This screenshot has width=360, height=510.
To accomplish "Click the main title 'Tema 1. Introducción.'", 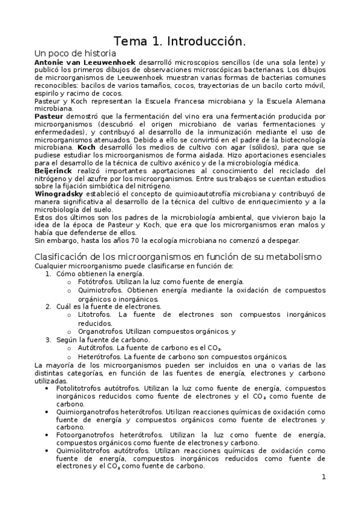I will coord(180,42).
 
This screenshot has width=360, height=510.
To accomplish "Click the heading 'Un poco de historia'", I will coord(69,53).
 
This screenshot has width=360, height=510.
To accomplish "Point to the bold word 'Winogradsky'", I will coord(57,194).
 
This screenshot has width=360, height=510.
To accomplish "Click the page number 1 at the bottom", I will coord(323,478).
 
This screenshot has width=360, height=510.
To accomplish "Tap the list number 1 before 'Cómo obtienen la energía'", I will coord(49,274).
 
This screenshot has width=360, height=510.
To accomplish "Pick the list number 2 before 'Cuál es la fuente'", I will coord(49,306).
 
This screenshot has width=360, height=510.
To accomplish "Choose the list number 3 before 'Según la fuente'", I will coord(49,339).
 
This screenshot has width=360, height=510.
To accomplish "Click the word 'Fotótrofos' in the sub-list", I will coord(96,281).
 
